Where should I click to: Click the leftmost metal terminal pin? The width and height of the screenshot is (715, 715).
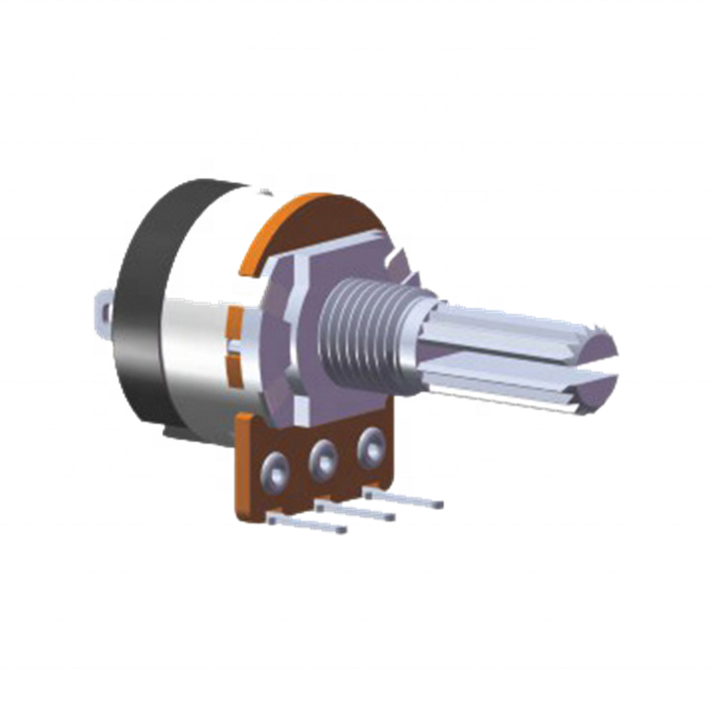pos(305,523)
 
